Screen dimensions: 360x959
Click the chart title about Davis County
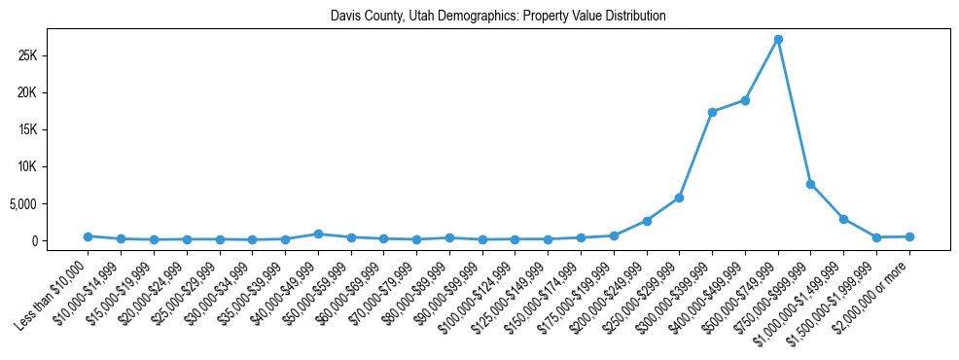click(x=498, y=17)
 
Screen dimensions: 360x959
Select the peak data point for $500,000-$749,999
click(x=778, y=40)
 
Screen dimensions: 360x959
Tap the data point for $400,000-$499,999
click(x=745, y=100)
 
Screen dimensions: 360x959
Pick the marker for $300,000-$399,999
click(x=712, y=112)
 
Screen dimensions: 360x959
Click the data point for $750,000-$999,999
click(x=811, y=184)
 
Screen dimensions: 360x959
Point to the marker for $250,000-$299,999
click(x=679, y=198)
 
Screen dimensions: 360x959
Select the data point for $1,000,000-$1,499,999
click(x=844, y=219)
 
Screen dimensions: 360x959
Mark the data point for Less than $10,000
click(x=88, y=236)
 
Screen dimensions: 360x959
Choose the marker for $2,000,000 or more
click(x=909, y=236)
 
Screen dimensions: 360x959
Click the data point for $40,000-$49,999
click(x=318, y=234)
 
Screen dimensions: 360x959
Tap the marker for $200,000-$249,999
click(x=647, y=221)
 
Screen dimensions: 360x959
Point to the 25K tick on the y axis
click(x=53, y=55)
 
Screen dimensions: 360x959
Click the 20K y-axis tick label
click(x=53, y=92)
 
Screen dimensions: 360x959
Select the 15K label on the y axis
click(x=53, y=129)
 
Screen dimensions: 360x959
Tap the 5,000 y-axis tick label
click(x=50, y=204)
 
